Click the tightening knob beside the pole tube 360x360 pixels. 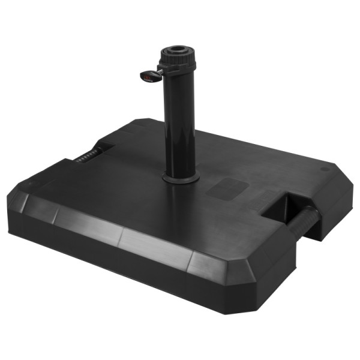[151, 76]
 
